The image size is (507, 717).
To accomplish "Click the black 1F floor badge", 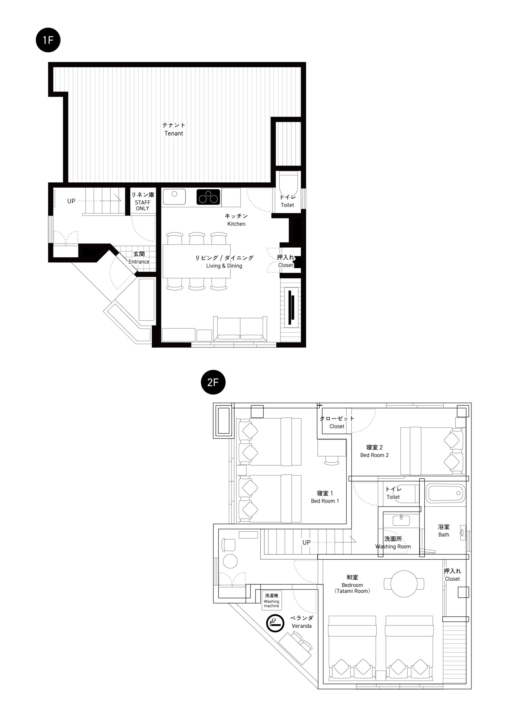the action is pos(48,40).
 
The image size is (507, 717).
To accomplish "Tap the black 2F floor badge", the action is pos(213,382).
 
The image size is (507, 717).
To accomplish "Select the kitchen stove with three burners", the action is pos(208,197).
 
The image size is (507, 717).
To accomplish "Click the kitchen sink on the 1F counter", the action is pos(174,197).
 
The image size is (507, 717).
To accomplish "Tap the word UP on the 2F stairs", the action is pos(306,543).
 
